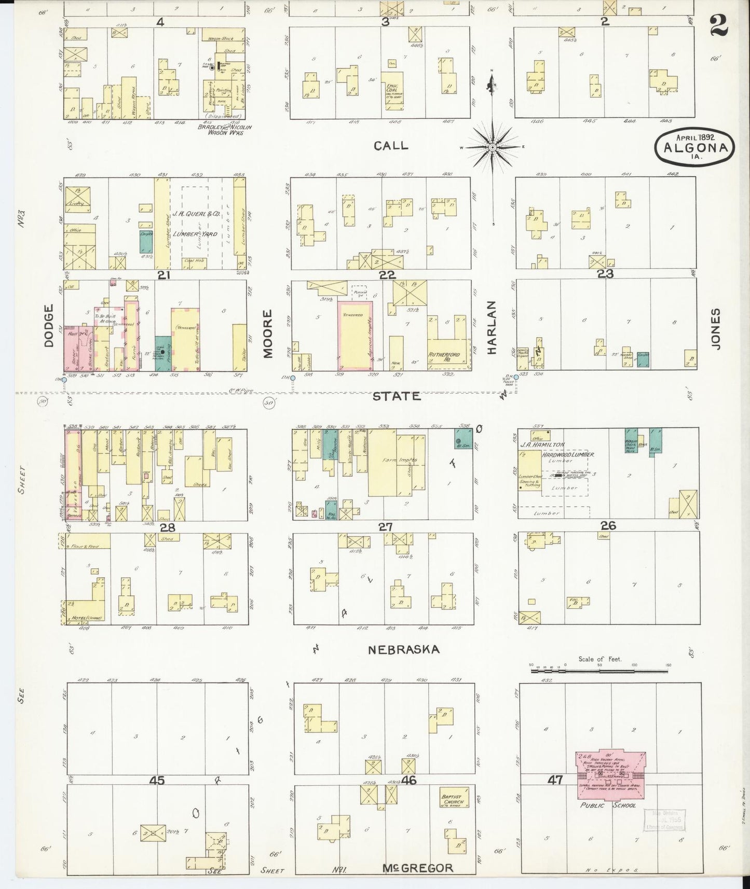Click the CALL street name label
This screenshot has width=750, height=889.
pos(391,146)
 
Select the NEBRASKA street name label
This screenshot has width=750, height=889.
pos(404,649)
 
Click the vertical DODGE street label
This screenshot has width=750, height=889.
pos(49,326)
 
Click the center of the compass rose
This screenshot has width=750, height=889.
pos(492,148)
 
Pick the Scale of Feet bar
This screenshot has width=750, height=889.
pos(600,671)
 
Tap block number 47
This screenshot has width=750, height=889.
pos(555,780)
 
